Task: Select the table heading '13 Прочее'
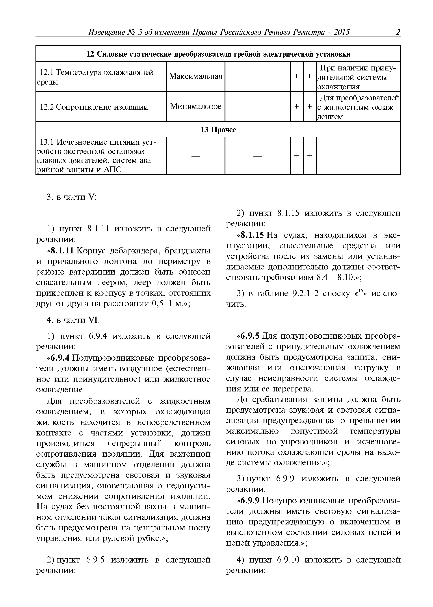218,130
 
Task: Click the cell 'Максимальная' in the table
195,77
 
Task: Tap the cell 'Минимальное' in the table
195,107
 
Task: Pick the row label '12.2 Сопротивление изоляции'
94,107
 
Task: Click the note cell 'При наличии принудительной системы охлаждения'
358,77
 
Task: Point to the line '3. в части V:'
71,197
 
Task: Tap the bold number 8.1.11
62,251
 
